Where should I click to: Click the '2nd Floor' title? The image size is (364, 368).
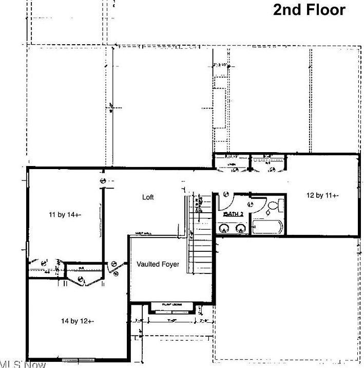click(309, 10)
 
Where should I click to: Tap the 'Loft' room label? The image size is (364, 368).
click(148, 197)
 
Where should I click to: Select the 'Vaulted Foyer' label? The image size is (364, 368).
click(158, 264)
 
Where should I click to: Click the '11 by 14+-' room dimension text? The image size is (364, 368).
click(65, 214)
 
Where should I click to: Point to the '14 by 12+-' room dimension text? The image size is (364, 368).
click(77, 321)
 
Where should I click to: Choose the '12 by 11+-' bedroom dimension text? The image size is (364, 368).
click(322, 195)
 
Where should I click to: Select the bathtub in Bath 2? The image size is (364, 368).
click(267, 227)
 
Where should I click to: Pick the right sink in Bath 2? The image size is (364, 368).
click(240, 228)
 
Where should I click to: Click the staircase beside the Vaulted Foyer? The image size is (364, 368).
click(201, 252)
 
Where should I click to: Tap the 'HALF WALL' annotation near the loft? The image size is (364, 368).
click(143, 233)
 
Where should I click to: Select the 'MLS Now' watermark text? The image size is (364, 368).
click(23, 364)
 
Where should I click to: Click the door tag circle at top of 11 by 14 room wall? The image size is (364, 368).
click(102, 181)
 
